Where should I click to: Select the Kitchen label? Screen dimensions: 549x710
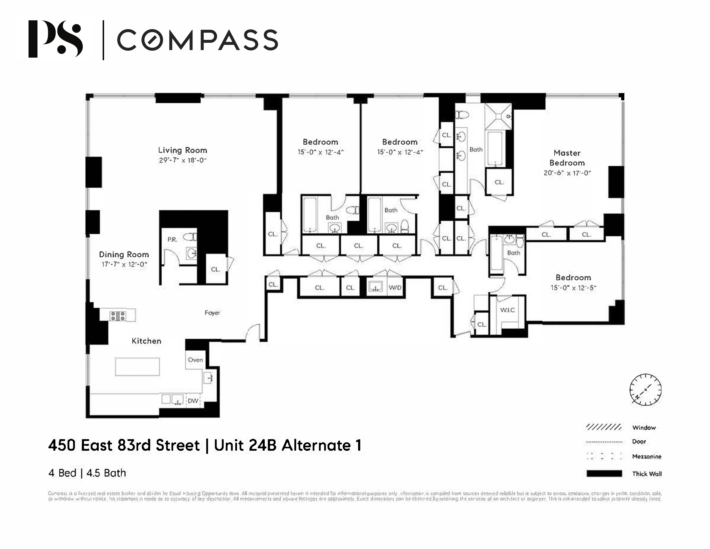coord(146,341)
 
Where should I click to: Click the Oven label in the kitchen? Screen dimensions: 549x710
coord(195,360)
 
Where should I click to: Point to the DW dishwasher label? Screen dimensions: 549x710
coord(193,401)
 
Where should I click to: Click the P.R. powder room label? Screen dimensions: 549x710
coord(172,239)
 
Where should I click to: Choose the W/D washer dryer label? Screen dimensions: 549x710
coord(395,288)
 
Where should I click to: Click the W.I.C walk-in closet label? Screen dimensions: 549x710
coord(507,310)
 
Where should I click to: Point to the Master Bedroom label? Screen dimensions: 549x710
coord(567,158)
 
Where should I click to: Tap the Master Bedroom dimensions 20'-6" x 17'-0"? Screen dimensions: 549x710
coord(567,173)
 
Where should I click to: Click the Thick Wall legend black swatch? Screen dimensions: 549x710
coord(604,474)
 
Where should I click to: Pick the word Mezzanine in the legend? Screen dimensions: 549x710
coord(647,456)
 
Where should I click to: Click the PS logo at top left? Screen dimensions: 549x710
coord(55,39)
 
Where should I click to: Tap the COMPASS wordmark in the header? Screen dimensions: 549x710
coord(197,40)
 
